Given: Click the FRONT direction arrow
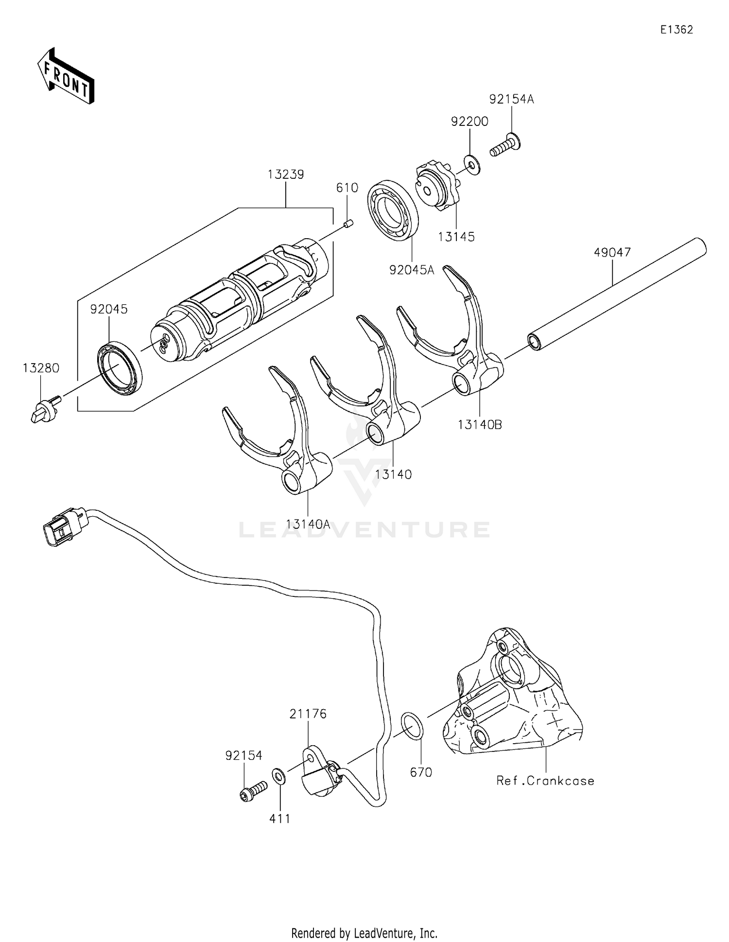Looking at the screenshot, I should (x=66, y=77).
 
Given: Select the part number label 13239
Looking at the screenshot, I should (x=286, y=174).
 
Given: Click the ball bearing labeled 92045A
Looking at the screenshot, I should (x=393, y=210).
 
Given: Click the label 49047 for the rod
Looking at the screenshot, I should (x=612, y=252).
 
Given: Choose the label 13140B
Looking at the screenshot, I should (x=479, y=424).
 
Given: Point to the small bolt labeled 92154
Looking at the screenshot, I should (x=253, y=789).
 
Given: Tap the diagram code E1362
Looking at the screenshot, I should (x=676, y=30).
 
